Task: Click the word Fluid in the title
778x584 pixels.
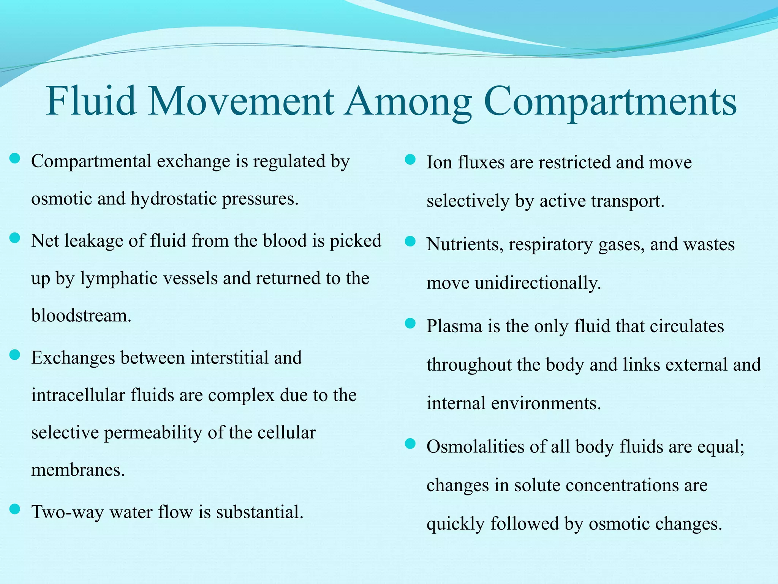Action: pyautogui.click(x=91, y=101)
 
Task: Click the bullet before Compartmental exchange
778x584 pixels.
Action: pyautogui.click(x=14, y=158)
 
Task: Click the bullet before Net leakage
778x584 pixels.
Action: pyautogui.click(x=14, y=238)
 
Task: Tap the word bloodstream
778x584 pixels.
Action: pyautogui.click(x=81, y=316)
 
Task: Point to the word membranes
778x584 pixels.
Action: pyautogui.click(x=78, y=470)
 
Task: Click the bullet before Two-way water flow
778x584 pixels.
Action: pyautogui.click(x=14, y=509)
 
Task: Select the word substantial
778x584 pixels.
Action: pyautogui.click(x=260, y=512)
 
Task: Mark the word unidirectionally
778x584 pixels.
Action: pyautogui.click(x=538, y=283)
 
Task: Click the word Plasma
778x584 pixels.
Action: pyautogui.click(x=454, y=326)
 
